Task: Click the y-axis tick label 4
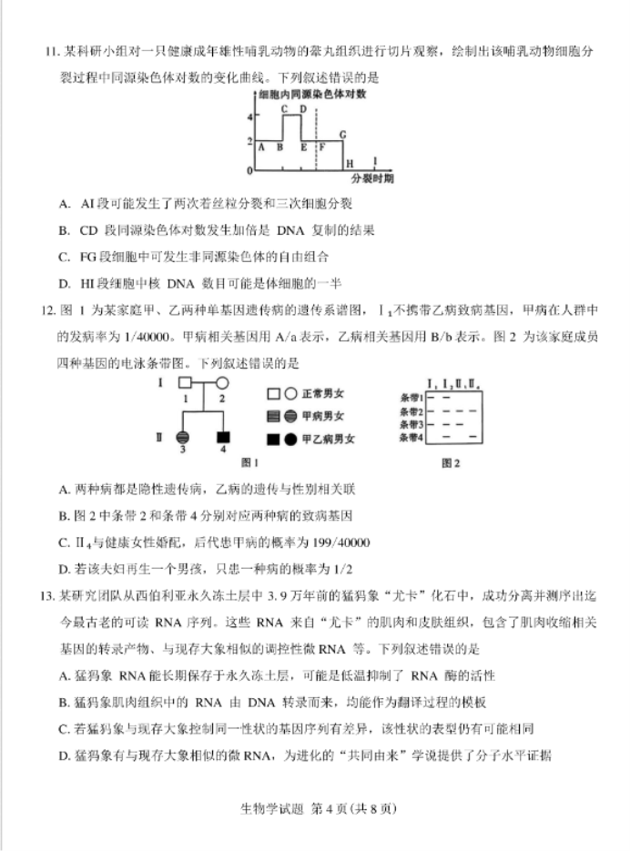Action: click(249, 117)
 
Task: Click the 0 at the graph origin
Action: click(249, 170)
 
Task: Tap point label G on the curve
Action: click(343, 135)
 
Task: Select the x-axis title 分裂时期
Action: click(372, 178)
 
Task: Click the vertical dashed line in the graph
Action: click(315, 137)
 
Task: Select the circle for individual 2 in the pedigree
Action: click(221, 383)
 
